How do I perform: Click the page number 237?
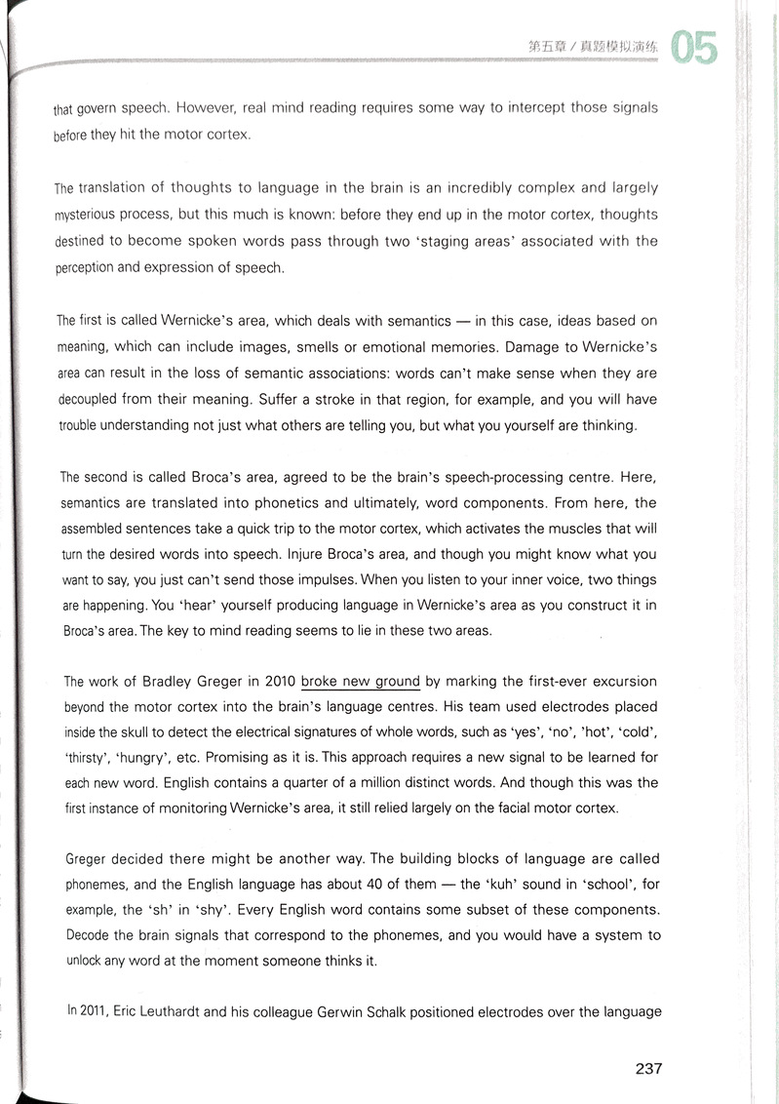(x=648, y=1069)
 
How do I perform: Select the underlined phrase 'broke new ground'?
(x=361, y=682)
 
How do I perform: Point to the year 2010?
(x=278, y=682)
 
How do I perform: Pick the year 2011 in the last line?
(x=87, y=1011)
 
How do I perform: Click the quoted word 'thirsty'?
(x=87, y=758)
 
